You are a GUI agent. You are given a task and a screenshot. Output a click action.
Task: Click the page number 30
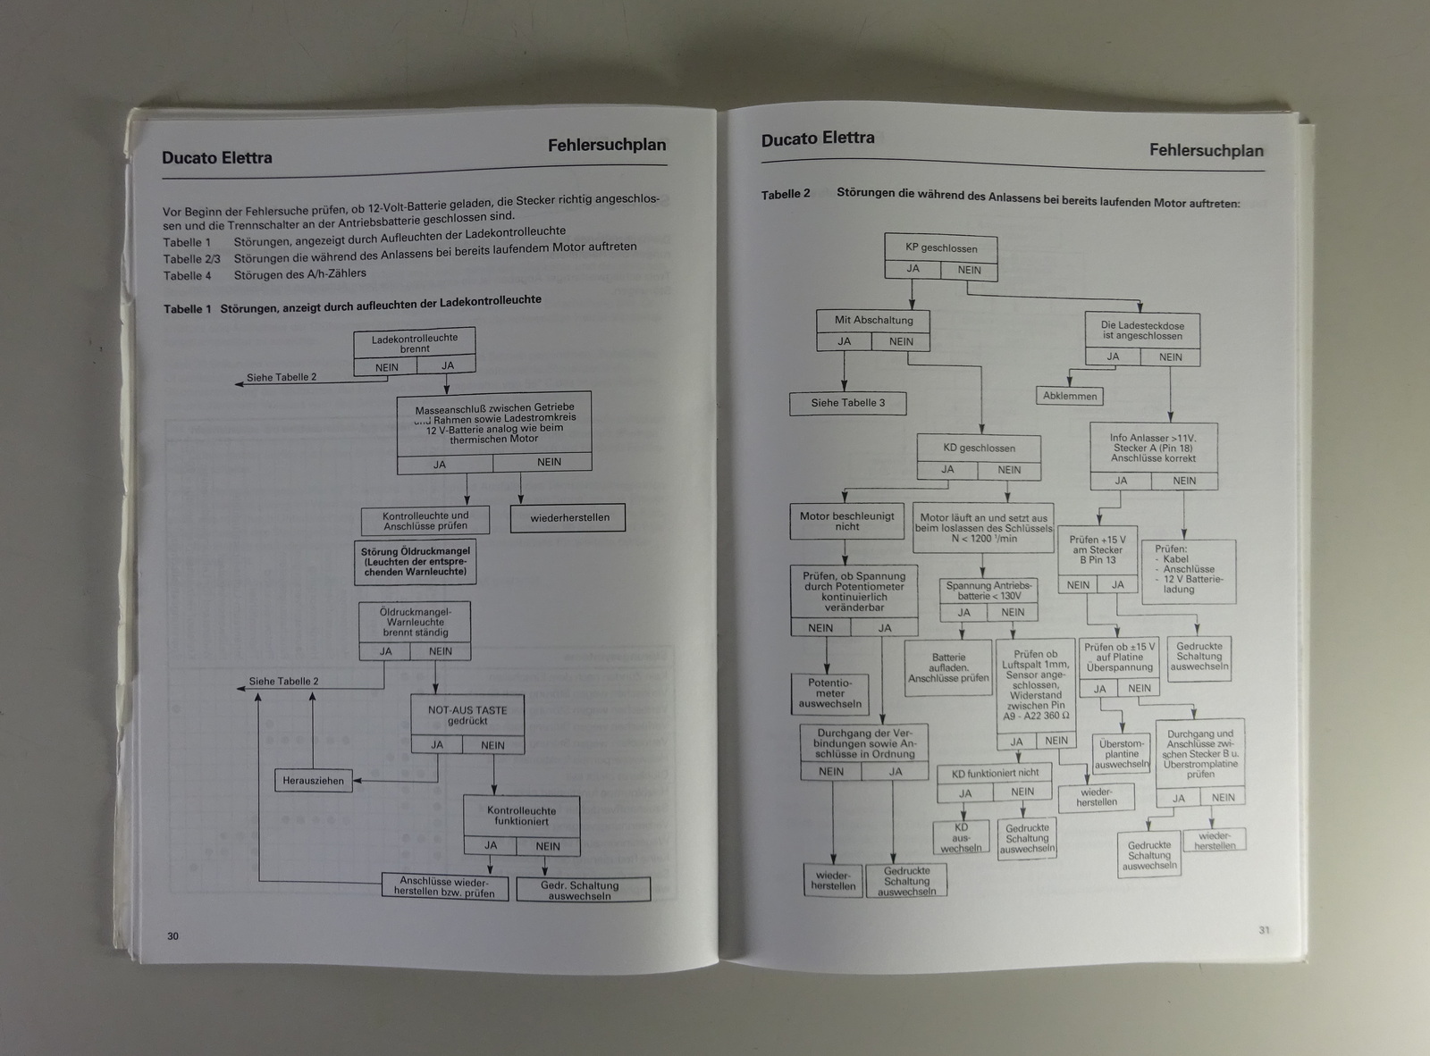coord(172,935)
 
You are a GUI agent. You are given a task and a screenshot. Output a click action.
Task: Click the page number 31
coord(1264,930)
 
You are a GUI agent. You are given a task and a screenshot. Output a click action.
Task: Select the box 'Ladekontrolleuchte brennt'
coord(415,343)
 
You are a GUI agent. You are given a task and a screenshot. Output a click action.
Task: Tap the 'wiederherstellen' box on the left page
coord(568,518)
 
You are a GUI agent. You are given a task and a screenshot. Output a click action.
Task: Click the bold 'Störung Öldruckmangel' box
coord(415,562)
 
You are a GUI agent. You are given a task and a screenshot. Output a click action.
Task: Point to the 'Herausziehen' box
coord(313,780)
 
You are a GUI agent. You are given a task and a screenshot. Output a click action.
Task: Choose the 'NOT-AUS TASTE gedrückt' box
coord(467,715)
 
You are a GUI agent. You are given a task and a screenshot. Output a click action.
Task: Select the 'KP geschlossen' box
coord(940,247)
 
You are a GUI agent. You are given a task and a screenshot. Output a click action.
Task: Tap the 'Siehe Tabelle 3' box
coord(847,403)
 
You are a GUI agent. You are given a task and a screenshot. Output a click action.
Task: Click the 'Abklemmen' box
coord(1069,396)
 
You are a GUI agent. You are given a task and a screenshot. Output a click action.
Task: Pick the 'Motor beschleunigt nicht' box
coord(846,521)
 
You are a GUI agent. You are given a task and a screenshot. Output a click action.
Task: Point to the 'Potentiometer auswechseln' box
coord(829,693)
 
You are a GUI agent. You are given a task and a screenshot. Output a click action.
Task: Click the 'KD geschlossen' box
coord(979,448)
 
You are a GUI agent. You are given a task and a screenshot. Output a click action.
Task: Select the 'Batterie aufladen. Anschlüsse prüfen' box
coord(948,667)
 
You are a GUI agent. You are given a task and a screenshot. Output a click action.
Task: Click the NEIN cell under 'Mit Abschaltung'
coord(901,341)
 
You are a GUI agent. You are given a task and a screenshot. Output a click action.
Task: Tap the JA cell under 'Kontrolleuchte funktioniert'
coord(491,845)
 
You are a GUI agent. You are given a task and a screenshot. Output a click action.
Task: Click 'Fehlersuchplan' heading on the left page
coord(607,145)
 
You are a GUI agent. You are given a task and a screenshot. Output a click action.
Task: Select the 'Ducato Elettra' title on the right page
coord(817,139)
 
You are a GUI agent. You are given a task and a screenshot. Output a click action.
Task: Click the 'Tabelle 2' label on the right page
coord(786,194)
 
